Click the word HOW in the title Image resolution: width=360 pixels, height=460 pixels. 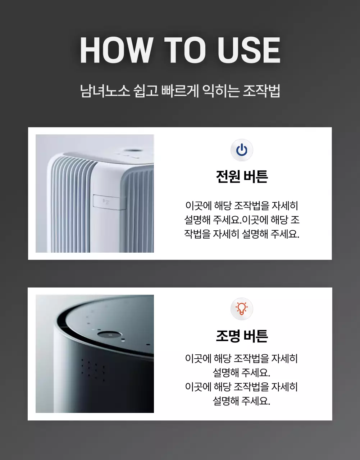pyautogui.click(x=116, y=50)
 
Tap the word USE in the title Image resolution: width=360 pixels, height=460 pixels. pyautogui.click(x=249, y=50)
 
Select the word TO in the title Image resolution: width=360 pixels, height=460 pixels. pyautogui.click(x=185, y=50)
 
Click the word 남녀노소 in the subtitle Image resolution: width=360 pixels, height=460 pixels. pyautogui.click(x=105, y=91)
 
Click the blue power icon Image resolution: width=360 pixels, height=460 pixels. pyautogui.click(x=242, y=150)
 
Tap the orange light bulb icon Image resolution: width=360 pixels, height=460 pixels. pyautogui.click(x=242, y=309)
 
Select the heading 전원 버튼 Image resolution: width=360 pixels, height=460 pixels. pyautogui.click(x=242, y=176)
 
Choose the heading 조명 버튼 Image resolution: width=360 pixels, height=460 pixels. pyautogui.click(x=242, y=336)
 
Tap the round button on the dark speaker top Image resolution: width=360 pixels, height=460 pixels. pyautogui.click(x=110, y=335)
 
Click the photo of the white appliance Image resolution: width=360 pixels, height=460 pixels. pyautogui.click(x=95, y=193)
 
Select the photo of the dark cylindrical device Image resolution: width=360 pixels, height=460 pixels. pyautogui.click(x=95, y=354)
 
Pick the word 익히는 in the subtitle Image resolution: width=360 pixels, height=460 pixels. pyautogui.click(x=220, y=91)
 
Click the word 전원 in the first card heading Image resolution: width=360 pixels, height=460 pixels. pyautogui.click(x=228, y=176)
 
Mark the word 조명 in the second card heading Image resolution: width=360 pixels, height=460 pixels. pyautogui.click(x=228, y=336)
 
